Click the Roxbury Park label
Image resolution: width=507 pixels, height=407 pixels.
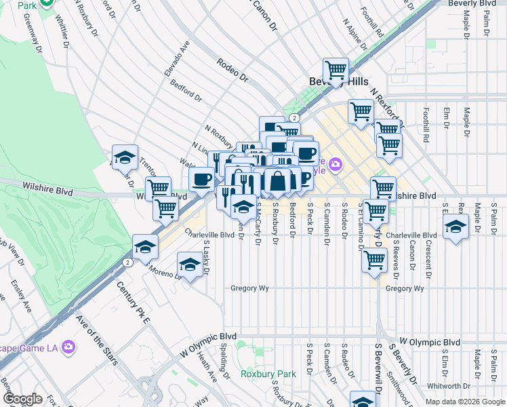tap(268, 374)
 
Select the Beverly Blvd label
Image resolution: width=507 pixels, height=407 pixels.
tap(476, 4)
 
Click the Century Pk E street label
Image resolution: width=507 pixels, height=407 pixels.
tap(132, 301)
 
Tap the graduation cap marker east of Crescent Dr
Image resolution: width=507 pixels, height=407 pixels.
tap(456, 227)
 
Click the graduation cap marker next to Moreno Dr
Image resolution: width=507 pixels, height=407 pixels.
tap(190, 264)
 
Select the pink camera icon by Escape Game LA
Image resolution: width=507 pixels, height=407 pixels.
tap(68, 347)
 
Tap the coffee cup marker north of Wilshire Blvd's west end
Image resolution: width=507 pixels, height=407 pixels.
tap(201, 179)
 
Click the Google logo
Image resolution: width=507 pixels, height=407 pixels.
tap(22, 400)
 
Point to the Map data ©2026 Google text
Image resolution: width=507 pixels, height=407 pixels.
tap(464, 402)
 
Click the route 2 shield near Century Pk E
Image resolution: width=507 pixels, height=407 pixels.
tap(127, 262)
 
